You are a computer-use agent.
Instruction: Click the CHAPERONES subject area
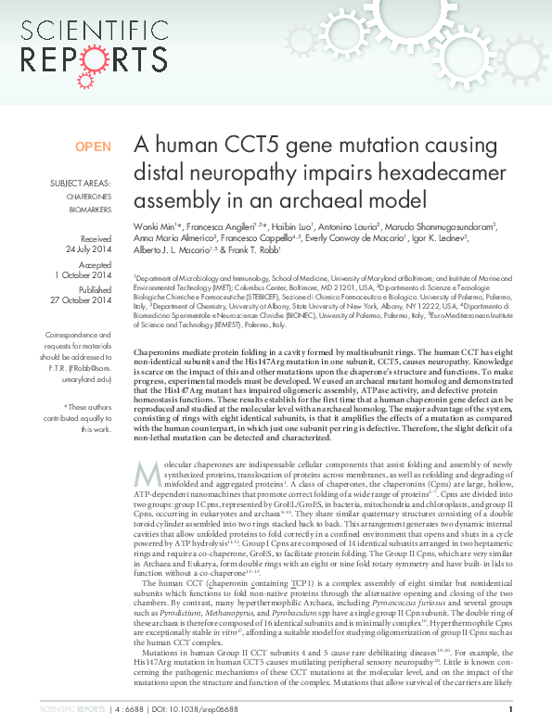click(x=87, y=197)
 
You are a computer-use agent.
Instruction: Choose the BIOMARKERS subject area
click(x=88, y=210)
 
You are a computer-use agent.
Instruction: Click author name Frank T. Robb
click(x=255, y=249)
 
